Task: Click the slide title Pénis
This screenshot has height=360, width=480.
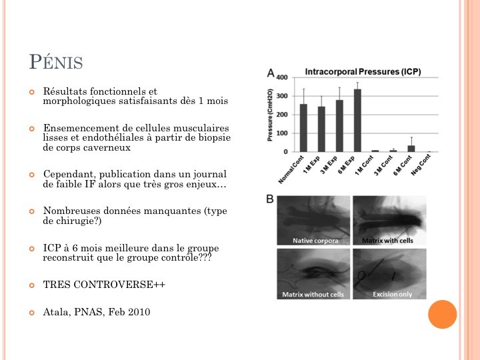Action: pos(56,63)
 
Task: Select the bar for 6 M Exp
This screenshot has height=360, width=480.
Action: pos(357,121)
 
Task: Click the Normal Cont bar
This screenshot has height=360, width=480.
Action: pos(304,128)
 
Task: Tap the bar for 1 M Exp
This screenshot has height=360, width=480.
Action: pos(321,129)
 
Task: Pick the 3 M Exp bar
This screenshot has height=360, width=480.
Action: pos(339,126)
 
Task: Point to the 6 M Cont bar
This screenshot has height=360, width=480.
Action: pos(411,149)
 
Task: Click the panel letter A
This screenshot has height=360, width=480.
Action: pos(270,72)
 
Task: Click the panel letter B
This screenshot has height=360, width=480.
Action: pos(270,198)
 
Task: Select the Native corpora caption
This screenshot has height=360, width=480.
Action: pos(314,240)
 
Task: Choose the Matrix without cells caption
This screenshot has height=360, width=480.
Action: pos(313,294)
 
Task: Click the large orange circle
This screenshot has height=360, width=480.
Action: pos(442,314)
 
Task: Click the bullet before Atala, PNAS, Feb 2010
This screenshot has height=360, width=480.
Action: pos(31,311)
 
